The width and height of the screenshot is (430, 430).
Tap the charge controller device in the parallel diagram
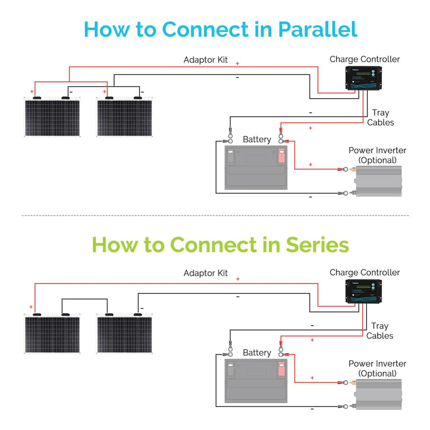coord(362,78)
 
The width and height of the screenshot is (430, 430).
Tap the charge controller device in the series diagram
coord(362,291)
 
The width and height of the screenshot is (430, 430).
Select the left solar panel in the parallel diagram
coord(53,117)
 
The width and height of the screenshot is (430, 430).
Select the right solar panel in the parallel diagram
coord(125,117)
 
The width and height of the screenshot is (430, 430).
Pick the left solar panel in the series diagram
coord(53,334)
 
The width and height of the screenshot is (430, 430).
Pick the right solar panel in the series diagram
coord(125,334)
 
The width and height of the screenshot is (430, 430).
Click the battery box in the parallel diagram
coord(256,168)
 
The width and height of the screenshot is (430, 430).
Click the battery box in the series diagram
coord(256,381)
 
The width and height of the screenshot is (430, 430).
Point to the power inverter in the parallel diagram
coord(378,181)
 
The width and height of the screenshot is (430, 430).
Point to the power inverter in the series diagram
coord(378,394)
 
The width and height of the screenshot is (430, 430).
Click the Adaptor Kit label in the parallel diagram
coord(205,60)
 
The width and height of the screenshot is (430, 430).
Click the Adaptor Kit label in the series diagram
coord(205,273)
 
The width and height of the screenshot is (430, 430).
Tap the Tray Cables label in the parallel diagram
coord(380,118)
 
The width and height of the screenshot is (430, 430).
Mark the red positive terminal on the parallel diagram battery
coord(281,156)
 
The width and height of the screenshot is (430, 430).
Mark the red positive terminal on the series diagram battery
coord(281,369)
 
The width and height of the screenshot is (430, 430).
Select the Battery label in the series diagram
coord(257,353)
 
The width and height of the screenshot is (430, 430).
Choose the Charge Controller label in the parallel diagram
coord(364,59)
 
